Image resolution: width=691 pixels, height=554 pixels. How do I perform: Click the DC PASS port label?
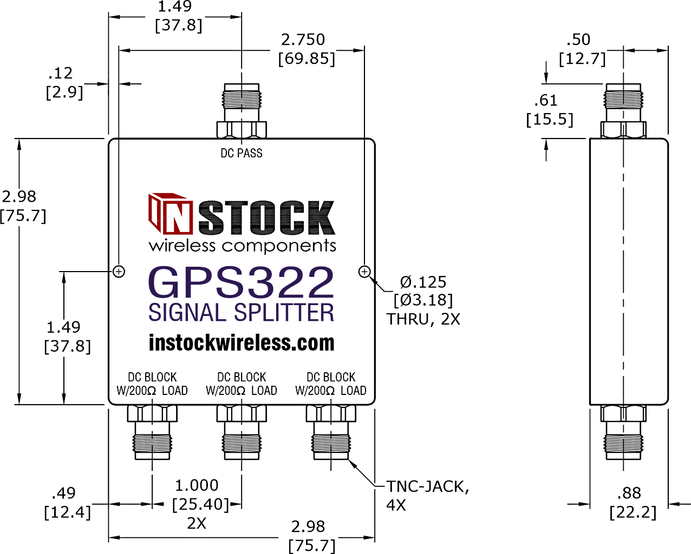point(242,153)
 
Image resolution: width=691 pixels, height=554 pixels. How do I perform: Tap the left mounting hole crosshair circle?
point(119,272)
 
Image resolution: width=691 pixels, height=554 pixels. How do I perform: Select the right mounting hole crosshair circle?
point(364,272)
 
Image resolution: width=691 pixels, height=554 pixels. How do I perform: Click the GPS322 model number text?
point(242,282)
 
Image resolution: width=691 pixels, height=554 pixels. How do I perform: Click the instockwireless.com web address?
point(242,342)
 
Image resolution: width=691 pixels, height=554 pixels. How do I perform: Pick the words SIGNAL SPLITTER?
point(242,313)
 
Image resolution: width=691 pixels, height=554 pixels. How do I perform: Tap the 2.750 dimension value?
point(303,39)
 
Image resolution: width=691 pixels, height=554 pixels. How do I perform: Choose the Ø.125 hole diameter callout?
point(423,282)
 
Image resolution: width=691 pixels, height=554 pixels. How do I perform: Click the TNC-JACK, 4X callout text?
point(427,496)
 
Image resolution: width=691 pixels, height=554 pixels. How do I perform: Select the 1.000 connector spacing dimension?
point(197,485)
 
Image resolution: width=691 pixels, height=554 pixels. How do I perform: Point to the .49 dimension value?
point(63,493)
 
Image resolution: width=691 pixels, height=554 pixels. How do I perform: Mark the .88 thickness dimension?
point(629,493)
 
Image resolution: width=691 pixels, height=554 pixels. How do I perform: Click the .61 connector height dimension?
point(546,101)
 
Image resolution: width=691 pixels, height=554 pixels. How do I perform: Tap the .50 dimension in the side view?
point(578,39)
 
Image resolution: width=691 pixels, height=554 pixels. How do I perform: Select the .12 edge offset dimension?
point(60,73)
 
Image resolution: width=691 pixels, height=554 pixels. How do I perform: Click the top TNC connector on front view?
point(242,111)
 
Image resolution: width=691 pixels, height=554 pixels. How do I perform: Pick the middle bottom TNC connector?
point(242,432)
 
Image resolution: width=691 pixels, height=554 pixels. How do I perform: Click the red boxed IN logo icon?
point(171,213)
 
